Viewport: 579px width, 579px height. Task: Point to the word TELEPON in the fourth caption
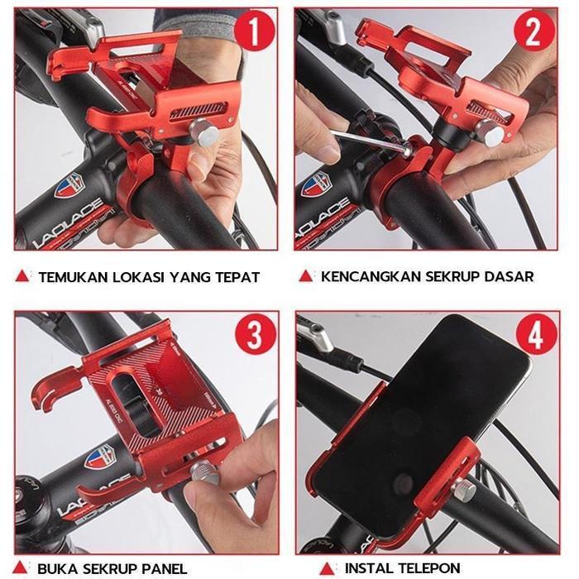tap(428, 568)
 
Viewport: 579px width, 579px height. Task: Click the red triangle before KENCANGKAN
tap(305, 276)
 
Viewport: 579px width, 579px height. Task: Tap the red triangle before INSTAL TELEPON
tap(328, 567)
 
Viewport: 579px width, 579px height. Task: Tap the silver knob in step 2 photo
tap(490, 132)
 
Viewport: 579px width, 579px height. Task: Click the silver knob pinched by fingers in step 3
tap(203, 473)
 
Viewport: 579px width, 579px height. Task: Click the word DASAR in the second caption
tap(506, 277)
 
